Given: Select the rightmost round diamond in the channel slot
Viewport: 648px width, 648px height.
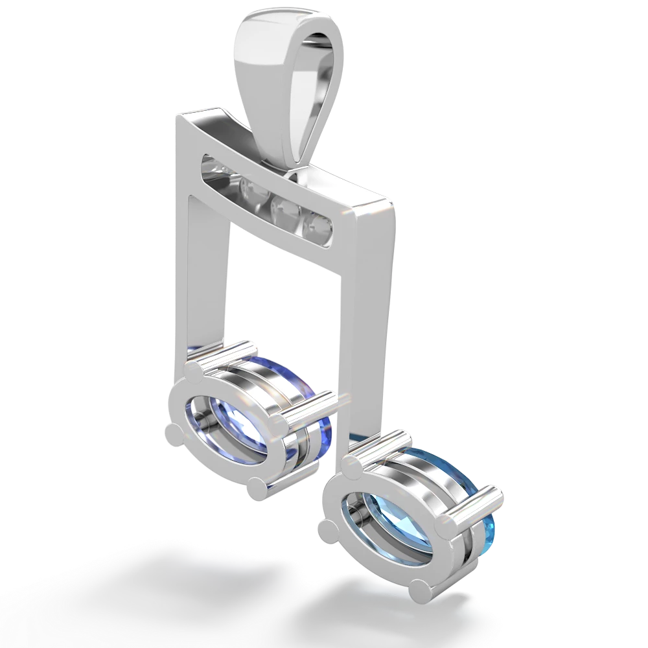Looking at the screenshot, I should click(319, 225).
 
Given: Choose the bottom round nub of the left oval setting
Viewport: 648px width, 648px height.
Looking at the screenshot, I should click(257, 485).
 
